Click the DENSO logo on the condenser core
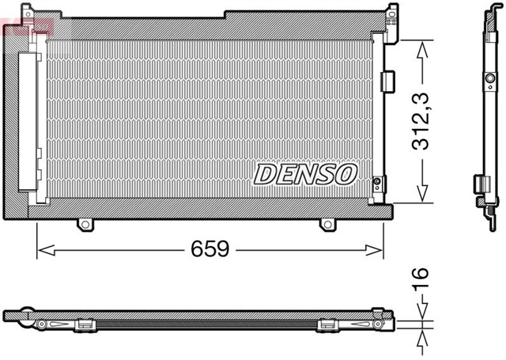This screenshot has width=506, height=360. coord(305,173)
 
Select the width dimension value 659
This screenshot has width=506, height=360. coord(210,250)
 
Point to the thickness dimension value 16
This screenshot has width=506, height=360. coord(421,276)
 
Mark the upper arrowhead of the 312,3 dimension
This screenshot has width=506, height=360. coord(423,46)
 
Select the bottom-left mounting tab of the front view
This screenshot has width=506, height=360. coord(85,225)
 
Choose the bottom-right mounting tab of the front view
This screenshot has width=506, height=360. coord(327,225)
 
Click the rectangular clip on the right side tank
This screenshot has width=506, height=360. coord(386,81)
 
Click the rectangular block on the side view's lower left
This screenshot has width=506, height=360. coord(478,183)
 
